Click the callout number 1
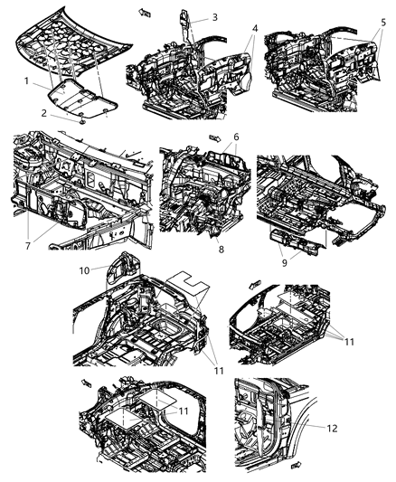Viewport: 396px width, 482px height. pos(26,81)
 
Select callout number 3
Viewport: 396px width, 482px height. pos(214,17)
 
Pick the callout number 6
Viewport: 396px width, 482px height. pos(236,137)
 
